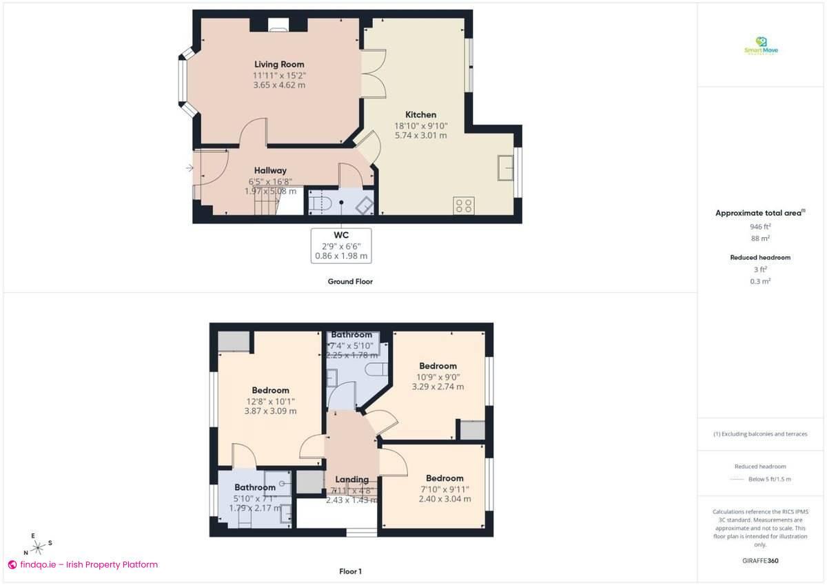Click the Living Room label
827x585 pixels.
(279, 65)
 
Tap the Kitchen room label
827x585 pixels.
(420, 114)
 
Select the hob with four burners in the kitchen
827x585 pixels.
(463, 205)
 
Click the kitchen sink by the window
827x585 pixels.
(506, 167)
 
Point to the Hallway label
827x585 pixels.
(270, 170)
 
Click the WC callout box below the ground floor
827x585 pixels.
(341, 245)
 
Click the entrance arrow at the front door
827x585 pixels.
(190, 167)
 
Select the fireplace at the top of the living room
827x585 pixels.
(279, 26)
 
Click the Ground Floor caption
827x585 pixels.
(350, 281)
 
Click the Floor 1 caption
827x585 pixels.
(350, 571)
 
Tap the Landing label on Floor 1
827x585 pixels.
(351, 480)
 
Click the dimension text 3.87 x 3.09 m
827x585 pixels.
(270, 411)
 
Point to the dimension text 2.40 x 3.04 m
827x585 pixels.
(445, 499)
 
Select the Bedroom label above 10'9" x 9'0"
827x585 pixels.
(438, 366)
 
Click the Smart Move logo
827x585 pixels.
(761, 46)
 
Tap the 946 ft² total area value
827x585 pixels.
(761, 226)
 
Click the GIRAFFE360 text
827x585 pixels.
(761, 561)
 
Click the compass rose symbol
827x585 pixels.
(39, 547)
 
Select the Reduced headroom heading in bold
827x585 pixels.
(761, 257)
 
